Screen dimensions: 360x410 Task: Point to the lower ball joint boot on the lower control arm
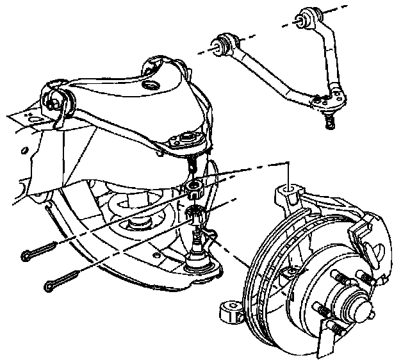point(202,263)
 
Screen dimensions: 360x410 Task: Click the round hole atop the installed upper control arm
point(151,85)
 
